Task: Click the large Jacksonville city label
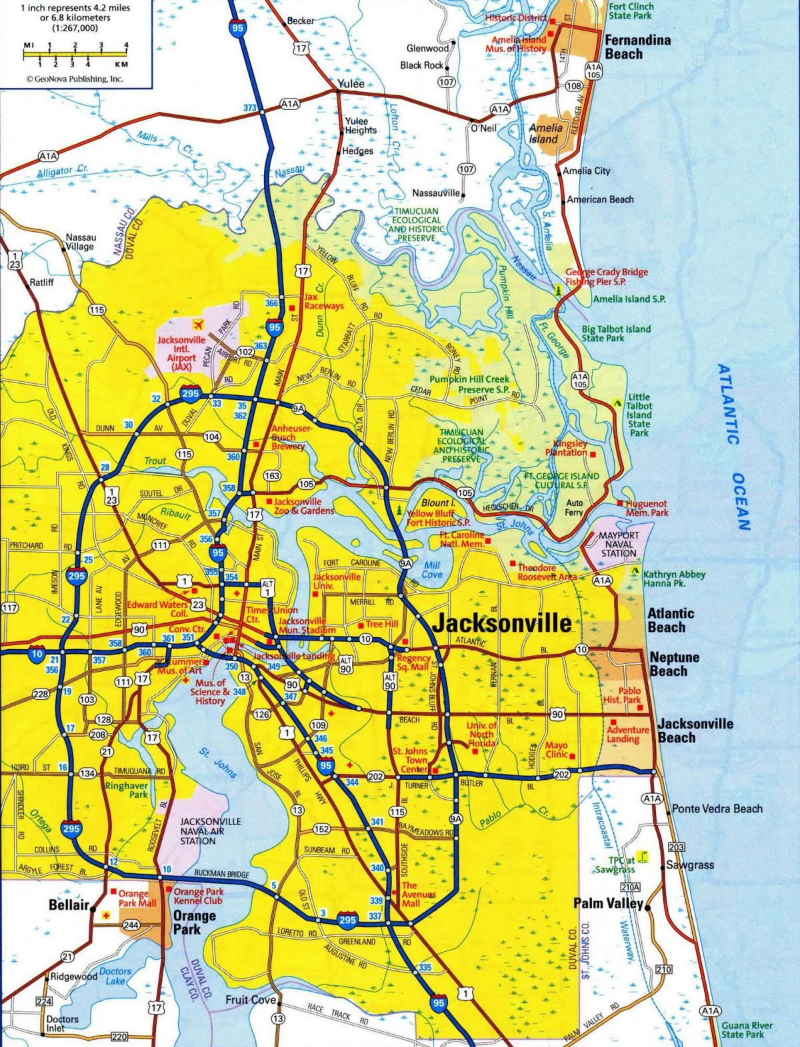click(x=502, y=622)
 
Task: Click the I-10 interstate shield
click(x=37, y=654)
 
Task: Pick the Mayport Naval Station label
click(x=619, y=544)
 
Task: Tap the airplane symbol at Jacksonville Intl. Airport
click(x=197, y=325)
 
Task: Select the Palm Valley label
click(x=608, y=904)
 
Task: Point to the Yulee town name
click(x=351, y=84)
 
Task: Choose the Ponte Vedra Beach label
click(x=717, y=808)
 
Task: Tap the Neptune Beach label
click(x=674, y=664)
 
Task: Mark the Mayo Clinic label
click(x=557, y=750)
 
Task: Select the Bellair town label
click(x=69, y=905)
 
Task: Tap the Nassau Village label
click(x=81, y=241)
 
